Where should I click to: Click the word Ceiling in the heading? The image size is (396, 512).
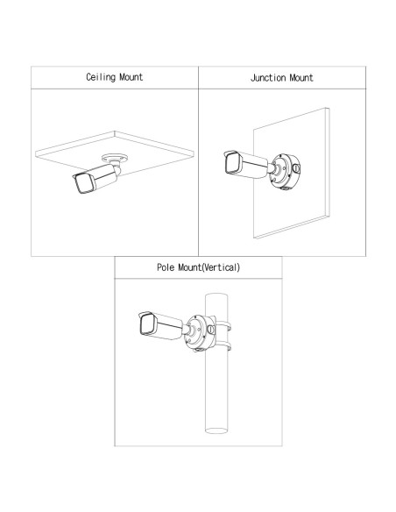[101, 77]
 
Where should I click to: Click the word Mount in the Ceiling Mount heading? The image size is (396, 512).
[131, 77]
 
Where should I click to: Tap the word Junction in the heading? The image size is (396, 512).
[268, 78]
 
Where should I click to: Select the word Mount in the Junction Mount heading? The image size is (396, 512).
[301, 78]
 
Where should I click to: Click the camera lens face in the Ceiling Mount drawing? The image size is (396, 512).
[83, 183]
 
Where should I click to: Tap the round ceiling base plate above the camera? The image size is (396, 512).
[114, 159]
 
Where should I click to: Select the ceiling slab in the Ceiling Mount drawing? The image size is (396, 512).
[115, 153]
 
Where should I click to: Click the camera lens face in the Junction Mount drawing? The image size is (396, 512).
[231, 163]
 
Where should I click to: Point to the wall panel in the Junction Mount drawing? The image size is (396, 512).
[291, 173]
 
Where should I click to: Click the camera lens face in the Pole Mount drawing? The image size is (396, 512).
[146, 324]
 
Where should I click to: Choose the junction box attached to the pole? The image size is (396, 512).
[199, 333]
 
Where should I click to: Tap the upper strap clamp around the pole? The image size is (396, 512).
[223, 326]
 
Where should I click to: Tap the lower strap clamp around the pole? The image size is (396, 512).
[223, 346]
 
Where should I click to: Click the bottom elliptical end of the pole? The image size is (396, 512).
[216, 430]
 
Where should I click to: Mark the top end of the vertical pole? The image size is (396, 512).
[216, 295]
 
